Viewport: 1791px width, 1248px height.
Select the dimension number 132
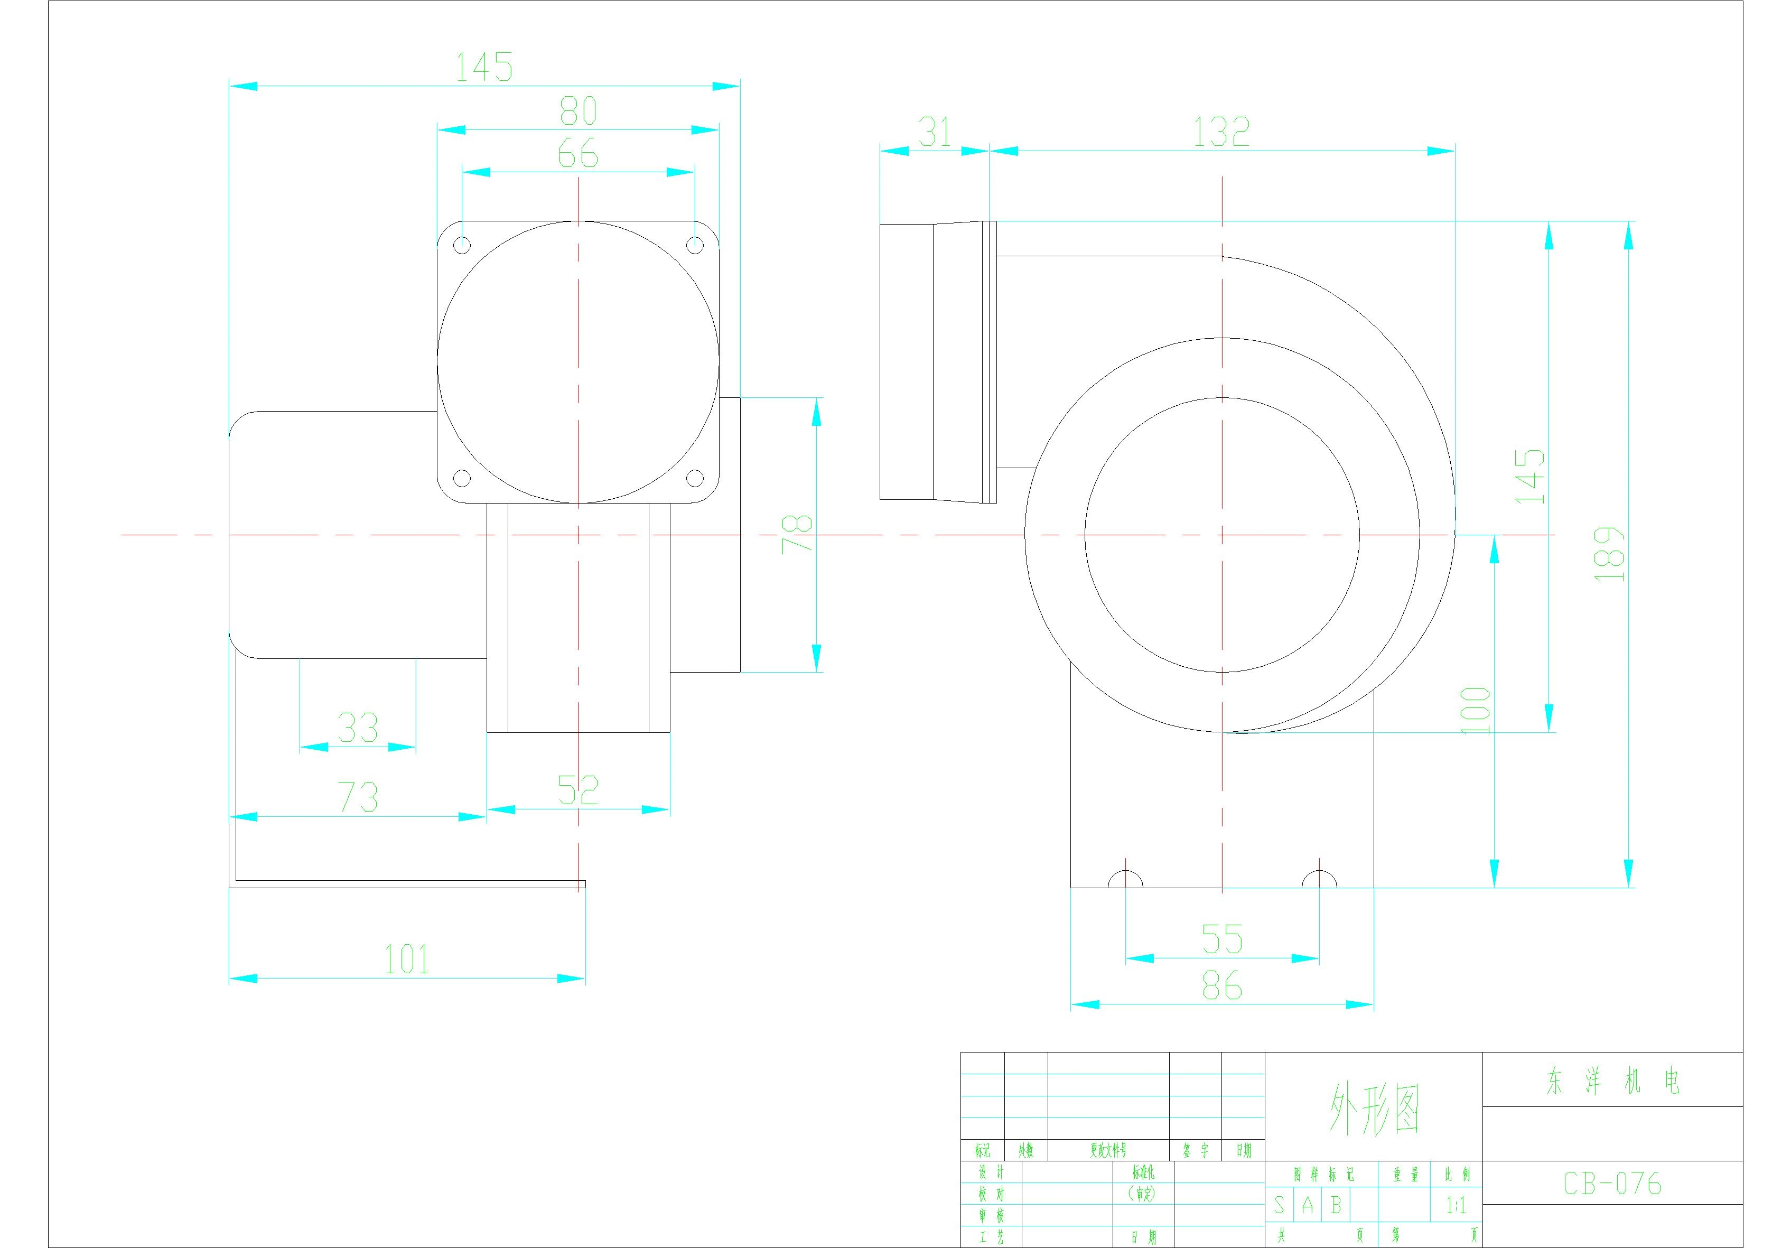[x=1221, y=133]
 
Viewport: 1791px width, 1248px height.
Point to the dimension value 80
[x=578, y=111]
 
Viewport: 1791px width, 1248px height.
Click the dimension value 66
[x=578, y=154]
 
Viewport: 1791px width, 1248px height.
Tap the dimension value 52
[x=578, y=790]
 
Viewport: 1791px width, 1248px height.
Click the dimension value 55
[x=1221, y=939]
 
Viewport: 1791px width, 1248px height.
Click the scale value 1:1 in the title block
[x=1456, y=1206]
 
